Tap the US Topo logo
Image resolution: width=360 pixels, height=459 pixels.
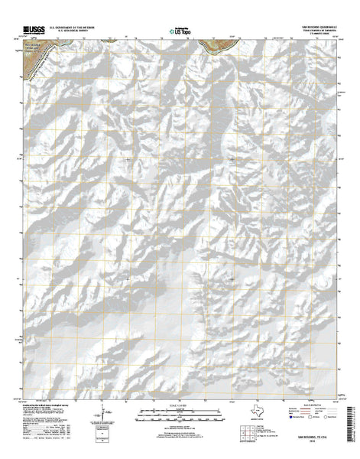[x=180, y=31]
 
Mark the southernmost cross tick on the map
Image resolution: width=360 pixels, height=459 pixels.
[x=232, y=279]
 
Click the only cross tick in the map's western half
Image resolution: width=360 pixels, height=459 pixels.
[x=127, y=159]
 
